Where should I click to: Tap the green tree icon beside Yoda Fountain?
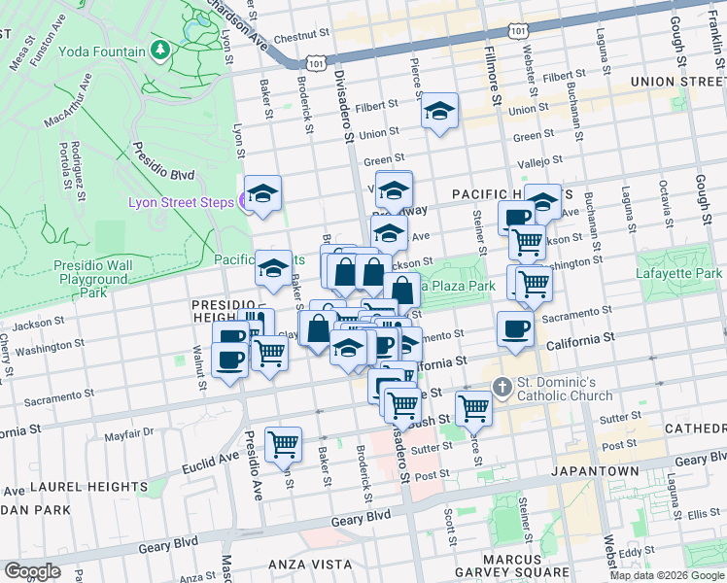(161, 50)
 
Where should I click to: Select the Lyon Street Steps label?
(181, 201)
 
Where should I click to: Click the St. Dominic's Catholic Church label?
(565, 388)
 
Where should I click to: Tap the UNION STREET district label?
(678, 82)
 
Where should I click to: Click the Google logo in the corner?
(31, 570)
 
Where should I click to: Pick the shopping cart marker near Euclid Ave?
(283, 444)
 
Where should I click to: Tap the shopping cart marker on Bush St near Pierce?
(473, 407)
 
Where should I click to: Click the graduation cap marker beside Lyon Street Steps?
(262, 193)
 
